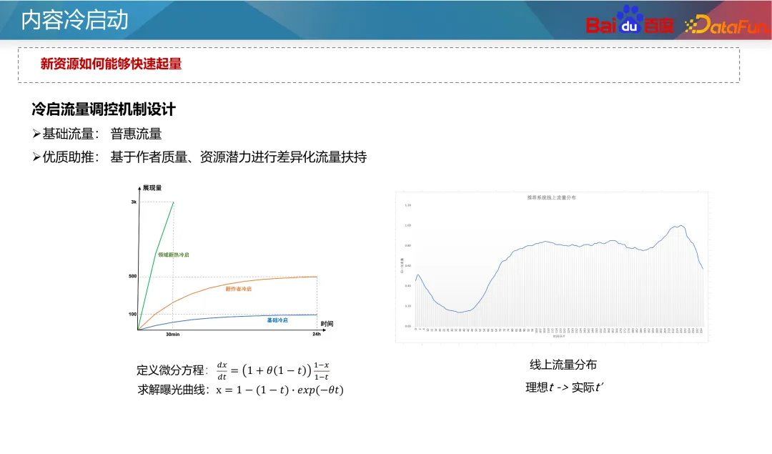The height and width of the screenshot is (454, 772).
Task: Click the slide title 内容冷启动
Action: click(x=74, y=21)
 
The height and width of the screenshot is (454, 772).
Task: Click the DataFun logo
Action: click(x=726, y=26)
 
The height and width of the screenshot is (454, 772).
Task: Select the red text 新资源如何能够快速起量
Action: click(x=111, y=64)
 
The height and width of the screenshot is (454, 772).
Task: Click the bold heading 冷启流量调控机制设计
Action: click(x=104, y=109)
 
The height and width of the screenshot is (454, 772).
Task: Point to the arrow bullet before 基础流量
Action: click(x=36, y=134)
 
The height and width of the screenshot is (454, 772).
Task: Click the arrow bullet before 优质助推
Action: click(x=36, y=157)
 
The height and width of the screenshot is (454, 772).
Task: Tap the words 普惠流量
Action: click(x=136, y=134)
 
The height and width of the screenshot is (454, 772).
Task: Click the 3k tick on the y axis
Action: click(x=133, y=202)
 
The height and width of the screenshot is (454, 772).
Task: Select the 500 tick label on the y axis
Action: click(x=132, y=276)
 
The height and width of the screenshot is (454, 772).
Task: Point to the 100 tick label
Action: click(x=132, y=314)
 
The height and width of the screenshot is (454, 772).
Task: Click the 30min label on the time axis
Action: click(x=172, y=335)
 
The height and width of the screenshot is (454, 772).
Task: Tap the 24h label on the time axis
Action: click(x=316, y=335)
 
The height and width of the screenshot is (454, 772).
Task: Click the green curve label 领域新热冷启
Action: click(x=174, y=255)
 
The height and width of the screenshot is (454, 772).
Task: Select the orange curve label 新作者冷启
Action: click(x=238, y=289)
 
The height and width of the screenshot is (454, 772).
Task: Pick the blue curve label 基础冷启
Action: click(x=277, y=320)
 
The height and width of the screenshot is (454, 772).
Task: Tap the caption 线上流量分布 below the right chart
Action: click(x=563, y=365)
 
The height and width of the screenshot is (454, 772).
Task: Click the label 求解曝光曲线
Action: click(x=172, y=390)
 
